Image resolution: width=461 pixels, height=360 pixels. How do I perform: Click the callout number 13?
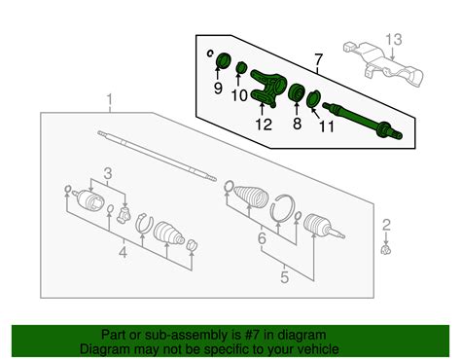(394, 40)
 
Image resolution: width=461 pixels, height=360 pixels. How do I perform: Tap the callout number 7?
(319, 59)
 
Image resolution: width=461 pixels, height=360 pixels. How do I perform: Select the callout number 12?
(264, 125)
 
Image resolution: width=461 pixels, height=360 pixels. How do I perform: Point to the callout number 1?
(110, 100)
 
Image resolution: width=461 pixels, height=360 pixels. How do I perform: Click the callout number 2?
(386, 225)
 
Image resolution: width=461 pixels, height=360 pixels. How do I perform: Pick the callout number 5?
(284, 277)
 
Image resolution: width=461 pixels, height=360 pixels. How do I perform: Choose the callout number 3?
(108, 173)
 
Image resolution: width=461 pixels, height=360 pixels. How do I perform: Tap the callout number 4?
(123, 252)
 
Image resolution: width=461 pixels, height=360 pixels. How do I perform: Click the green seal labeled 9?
(223, 60)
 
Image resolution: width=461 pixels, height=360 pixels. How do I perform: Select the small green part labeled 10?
(241, 67)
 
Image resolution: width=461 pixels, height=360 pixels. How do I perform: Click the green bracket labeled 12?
(268, 88)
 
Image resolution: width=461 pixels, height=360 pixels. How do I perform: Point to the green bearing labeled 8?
(296, 92)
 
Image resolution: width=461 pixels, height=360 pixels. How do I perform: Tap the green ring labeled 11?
(313, 99)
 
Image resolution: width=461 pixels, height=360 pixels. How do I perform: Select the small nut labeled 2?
(386, 250)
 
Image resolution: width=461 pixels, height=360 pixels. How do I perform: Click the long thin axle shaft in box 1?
(157, 156)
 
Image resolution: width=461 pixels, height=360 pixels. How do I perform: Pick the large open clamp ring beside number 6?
(281, 208)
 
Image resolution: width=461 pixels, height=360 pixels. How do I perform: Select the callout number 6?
(262, 239)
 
